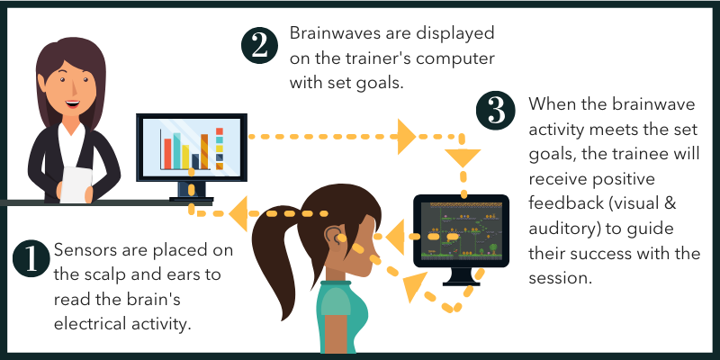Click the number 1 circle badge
pos(31,259)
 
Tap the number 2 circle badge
pos(260,46)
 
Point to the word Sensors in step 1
pos(85,251)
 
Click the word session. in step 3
pos(560,278)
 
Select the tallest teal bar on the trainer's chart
pos(176,151)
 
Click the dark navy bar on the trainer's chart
pos(195,161)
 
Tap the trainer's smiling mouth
pos(73,103)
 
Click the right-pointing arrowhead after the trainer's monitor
pos(407,137)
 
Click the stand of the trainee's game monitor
pos(462,277)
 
